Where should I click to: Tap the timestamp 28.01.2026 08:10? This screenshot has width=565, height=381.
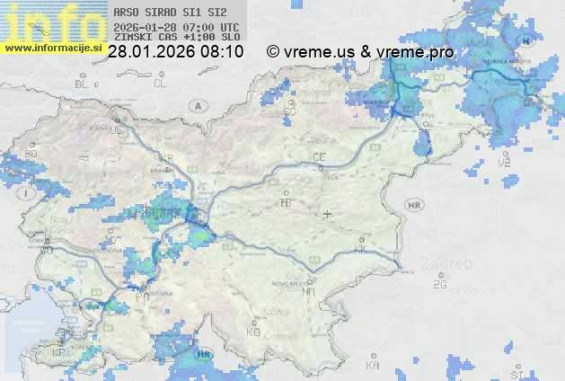[x=175, y=52]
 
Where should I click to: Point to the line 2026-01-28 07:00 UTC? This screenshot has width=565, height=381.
[x=176, y=27]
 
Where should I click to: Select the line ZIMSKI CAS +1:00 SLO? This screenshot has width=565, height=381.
[x=177, y=38]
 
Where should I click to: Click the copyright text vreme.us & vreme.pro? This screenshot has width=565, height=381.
[x=360, y=52]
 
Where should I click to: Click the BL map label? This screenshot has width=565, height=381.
[x=83, y=84]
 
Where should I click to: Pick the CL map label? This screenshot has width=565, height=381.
[x=160, y=84]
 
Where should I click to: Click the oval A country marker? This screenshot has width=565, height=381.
[x=196, y=105]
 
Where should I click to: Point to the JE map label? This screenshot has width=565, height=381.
[x=115, y=130]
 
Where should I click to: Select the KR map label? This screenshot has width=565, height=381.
[x=165, y=158]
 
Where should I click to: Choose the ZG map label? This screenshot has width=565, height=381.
[x=438, y=285]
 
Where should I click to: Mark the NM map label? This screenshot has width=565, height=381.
[x=310, y=291]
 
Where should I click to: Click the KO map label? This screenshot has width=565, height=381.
[x=253, y=332]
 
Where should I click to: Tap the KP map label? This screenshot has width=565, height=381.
[x=59, y=352]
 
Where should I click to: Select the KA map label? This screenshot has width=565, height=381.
[x=372, y=365]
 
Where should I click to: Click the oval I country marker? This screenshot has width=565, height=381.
[x=28, y=193]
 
